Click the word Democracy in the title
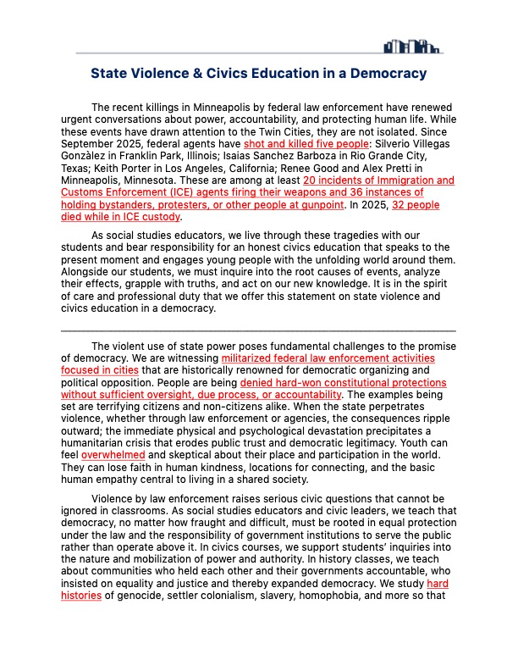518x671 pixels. pyautogui.click(x=385, y=74)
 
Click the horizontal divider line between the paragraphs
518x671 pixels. pyautogui.click(x=258, y=330)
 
